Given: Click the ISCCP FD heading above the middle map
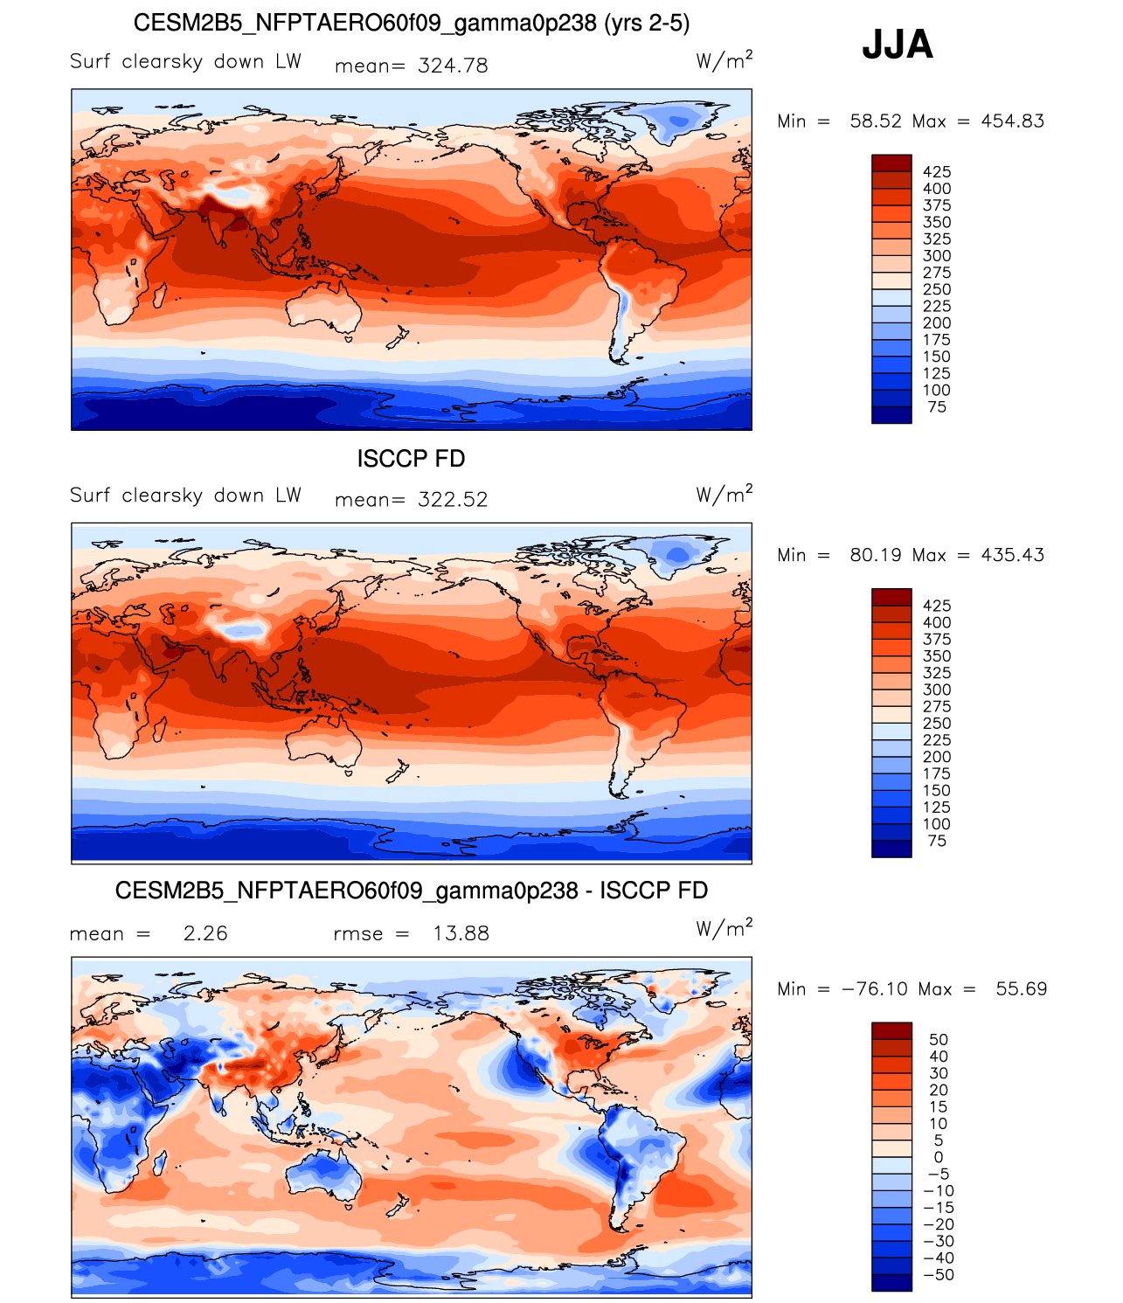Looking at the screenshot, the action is (411, 458).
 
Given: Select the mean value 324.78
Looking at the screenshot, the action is (453, 66).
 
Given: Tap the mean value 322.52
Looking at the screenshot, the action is (453, 499).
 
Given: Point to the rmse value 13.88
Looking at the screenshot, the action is (461, 933).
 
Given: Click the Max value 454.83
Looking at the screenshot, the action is (1012, 121).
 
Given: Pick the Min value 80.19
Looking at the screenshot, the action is (875, 555).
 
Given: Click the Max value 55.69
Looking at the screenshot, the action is (1021, 988).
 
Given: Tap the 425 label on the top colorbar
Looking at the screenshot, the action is (936, 171).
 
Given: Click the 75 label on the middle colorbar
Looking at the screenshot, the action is (936, 841).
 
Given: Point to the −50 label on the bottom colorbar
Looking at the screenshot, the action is (939, 1274).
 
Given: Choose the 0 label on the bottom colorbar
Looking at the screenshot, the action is (939, 1157).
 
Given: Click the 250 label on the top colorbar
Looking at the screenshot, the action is (936, 289).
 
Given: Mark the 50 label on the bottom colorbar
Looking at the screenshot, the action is (939, 1039).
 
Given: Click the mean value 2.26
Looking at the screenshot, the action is (204, 933).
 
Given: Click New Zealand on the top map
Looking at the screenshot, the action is (398, 338).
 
